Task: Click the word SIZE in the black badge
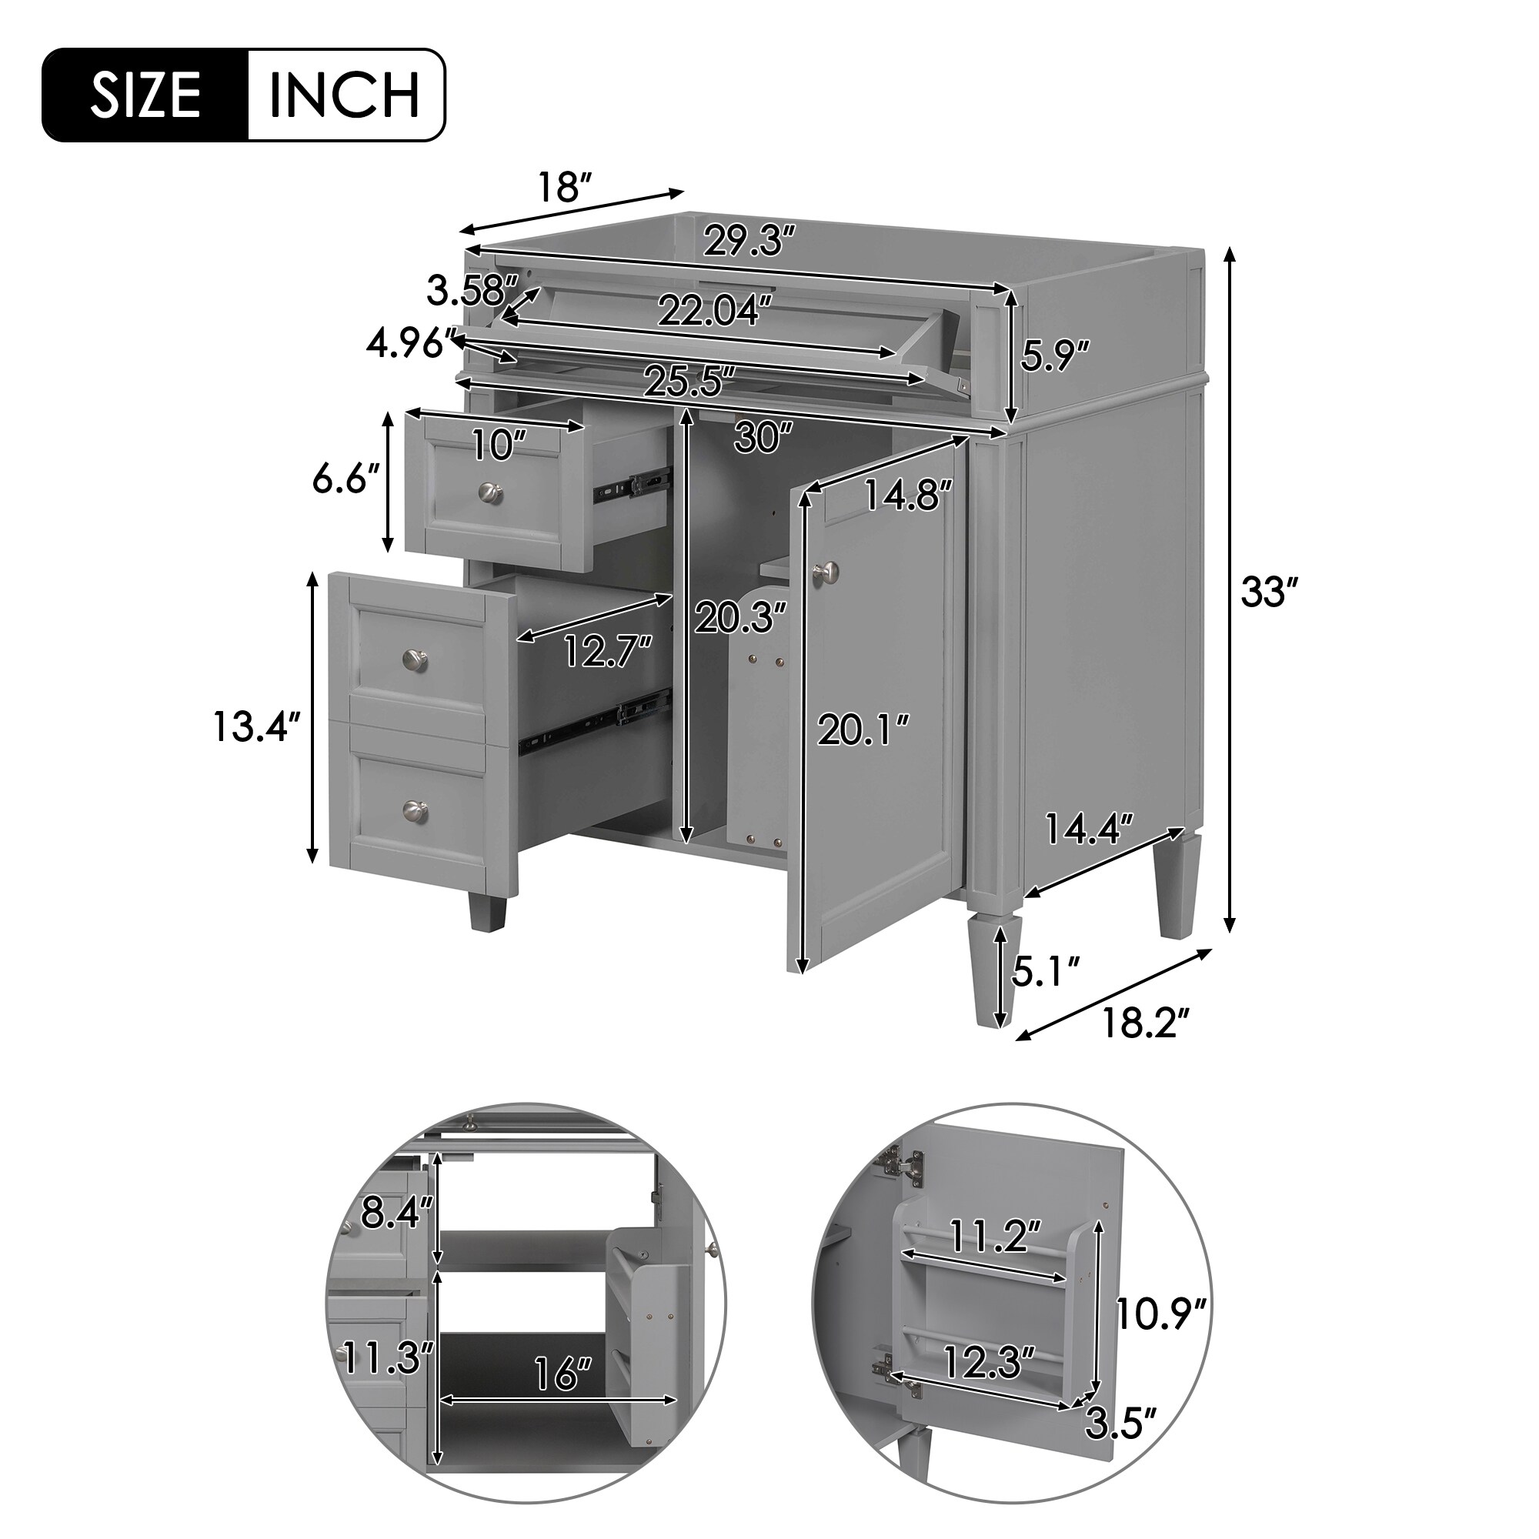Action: pyautogui.click(x=145, y=95)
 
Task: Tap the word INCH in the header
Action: pyautogui.click(x=344, y=95)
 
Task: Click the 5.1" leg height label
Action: pyautogui.click(x=1045, y=972)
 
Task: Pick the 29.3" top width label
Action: pyautogui.click(x=749, y=241)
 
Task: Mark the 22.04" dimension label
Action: pyautogui.click(x=715, y=311)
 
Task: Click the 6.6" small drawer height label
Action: pyautogui.click(x=344, y=479)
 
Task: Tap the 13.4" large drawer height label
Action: pyautogui.click(x=256, y=726)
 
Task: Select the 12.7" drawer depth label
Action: pyautogui.click(x=608, y=652)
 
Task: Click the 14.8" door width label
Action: pyautogui.click(x=908, y=496)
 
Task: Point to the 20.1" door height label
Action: pyautogui.click(x=863, y=729)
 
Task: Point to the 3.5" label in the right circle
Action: pyautogui.click(x=1121, y=1445)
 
